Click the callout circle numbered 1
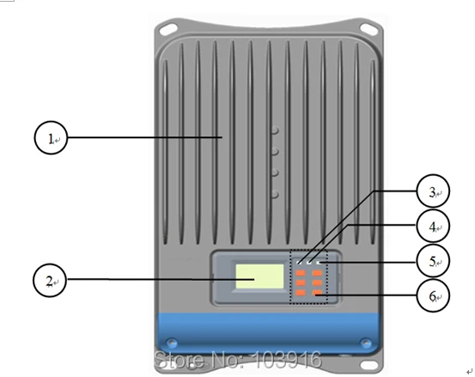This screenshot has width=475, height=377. (x=34, y=137)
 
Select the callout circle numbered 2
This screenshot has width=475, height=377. (x=33, y=280)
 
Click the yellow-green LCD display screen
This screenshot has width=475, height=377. (x=259, y=277)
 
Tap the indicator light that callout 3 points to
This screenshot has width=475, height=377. (x=299, y=263)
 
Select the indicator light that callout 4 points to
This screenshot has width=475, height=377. (x=309, y=263)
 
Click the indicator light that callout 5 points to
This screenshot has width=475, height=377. (x=319, y=263)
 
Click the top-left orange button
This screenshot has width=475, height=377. (x=301, y=273)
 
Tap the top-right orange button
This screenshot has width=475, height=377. (x=317, y=273)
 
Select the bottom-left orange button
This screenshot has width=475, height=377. (x=301, y=293)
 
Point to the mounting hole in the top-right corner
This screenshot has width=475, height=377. (x=368, y=28)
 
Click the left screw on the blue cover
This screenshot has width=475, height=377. (x=172, y=343)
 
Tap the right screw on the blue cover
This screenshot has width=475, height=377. (x=366, y=343)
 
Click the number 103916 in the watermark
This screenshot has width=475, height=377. (x=287, y=360)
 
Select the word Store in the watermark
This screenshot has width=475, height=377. (x=180, y=360)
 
